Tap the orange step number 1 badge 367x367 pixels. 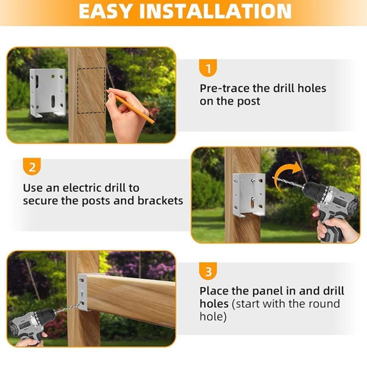(x=208, y=69)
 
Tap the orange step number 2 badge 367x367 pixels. (x=32, y=167)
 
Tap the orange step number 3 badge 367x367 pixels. (x=208, y=272)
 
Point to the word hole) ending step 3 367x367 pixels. (x=213, y=317)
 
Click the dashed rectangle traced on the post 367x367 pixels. (x=91, y=91)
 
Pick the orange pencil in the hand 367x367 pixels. (x=133, y=108)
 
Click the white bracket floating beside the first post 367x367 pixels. (x=48, y=92)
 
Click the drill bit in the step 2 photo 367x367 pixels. (x=287, y=183)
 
